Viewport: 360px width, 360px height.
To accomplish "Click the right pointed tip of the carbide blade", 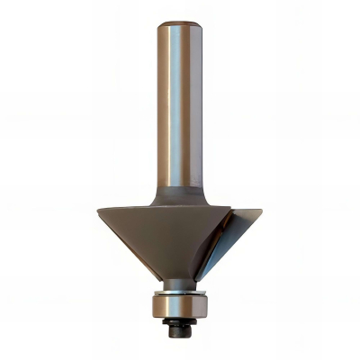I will [x=261, y=213].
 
